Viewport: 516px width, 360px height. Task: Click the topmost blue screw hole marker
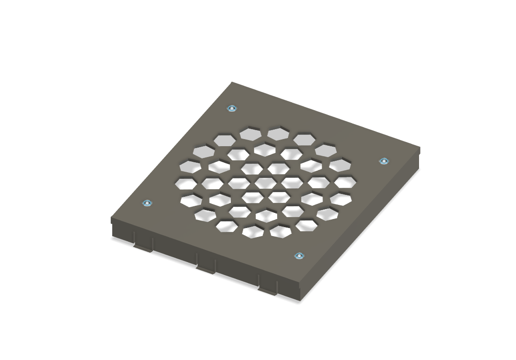coord(231,108)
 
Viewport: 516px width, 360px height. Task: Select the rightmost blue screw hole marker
coord(384,161)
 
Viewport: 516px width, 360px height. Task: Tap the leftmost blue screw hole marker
coord(147,203)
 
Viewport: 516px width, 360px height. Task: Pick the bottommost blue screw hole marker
coord(299,256)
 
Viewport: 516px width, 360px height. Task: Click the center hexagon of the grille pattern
coord(265,183)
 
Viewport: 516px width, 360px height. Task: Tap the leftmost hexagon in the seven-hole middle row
coord(186,184)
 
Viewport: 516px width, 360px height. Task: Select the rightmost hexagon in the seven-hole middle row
coord(345,182)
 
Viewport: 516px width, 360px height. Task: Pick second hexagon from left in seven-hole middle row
coord(212,183)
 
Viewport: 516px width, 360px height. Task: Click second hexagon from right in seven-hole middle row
coord(318,182)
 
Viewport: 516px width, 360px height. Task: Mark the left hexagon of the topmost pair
coord(251,134)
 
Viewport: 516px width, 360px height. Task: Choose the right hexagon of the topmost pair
coord(278,134)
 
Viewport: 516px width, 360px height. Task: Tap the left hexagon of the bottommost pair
coord(253,231)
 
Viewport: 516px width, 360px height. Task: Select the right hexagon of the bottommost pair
coord(280,231)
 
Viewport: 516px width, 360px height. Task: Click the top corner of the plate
coord(232,82)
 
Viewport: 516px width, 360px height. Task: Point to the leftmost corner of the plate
coord(111,219)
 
